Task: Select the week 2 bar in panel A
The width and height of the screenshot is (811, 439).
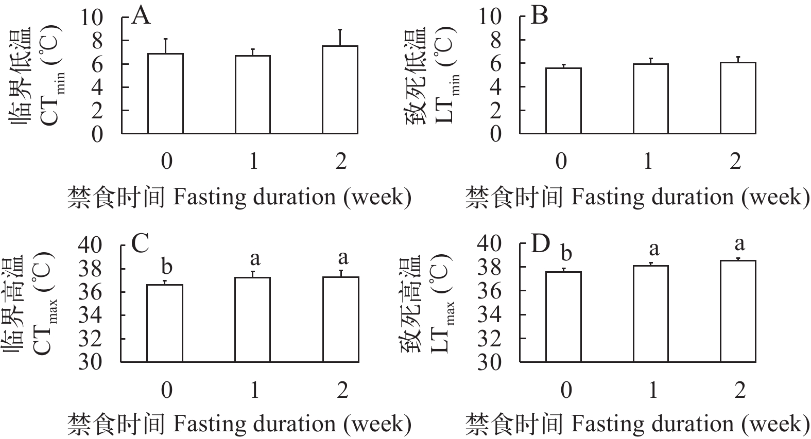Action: coord(340,90)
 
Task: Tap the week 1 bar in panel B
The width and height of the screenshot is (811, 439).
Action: coord(650,99)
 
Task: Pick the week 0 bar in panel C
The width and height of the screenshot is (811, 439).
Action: coord(165,323)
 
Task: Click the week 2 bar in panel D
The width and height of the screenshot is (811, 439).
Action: coord(738,311)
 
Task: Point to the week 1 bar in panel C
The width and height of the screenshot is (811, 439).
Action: coord(253,320)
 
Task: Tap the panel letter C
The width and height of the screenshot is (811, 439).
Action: coord(141,244)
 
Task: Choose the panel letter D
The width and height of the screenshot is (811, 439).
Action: coord(540,244)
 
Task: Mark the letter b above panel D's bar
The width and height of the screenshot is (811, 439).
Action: coord(565,254)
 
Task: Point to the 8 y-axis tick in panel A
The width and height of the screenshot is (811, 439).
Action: coord(97,40)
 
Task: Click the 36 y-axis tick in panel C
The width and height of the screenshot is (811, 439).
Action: coord(90,292)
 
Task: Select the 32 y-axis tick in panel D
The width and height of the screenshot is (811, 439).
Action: coord(488,339)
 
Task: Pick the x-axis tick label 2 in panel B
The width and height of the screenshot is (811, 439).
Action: coord(735,161)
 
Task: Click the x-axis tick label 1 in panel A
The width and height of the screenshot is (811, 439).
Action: coord(253,162)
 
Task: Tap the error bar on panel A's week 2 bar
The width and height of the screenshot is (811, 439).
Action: coord(340,37)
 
